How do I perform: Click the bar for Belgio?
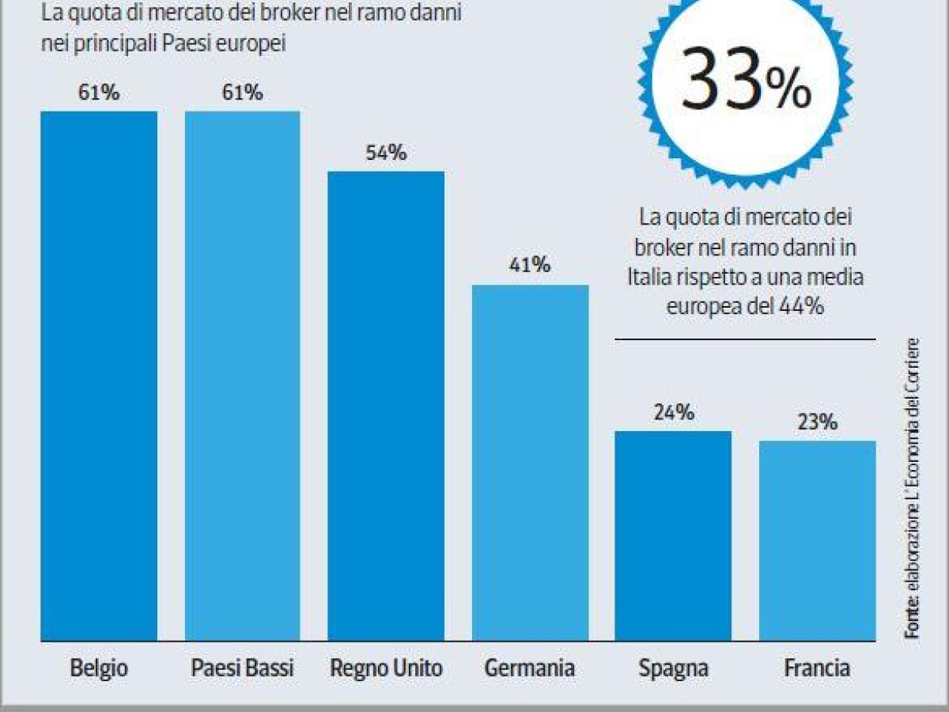99,376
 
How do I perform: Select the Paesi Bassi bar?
243,376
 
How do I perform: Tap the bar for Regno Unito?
386,406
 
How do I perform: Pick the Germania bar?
530,463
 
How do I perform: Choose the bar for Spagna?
673,536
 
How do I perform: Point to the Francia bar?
817,540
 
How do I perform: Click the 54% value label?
386,153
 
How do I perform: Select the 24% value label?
674,413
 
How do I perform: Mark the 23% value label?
817,422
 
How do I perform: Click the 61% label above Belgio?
99,93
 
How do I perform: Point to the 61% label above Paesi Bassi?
243,93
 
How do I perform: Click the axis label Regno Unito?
386,668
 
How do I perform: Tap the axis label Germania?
530,668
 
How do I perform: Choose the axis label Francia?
817,668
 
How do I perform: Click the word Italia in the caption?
650,278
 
